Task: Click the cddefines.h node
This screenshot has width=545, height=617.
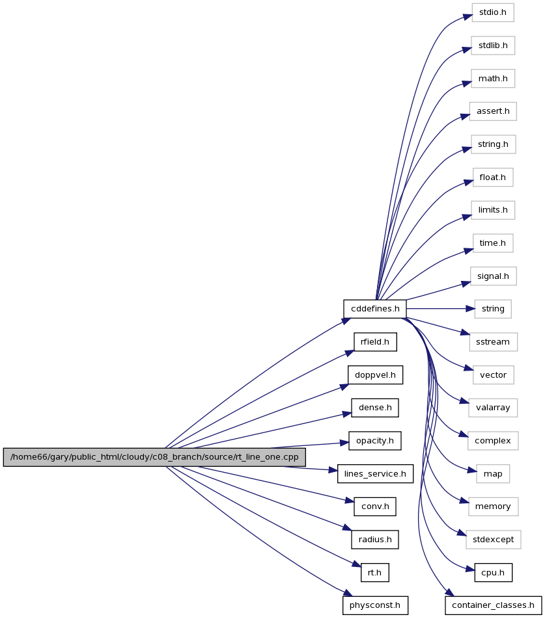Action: [x=375, y=309]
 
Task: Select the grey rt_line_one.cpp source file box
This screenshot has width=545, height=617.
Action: [x=154, y=457]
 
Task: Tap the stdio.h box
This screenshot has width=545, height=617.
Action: [x=493, y=12]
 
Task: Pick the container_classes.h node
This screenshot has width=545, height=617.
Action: [x=494, y=605]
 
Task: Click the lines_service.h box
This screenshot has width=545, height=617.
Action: [x=375, y=474]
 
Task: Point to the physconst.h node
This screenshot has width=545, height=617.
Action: [x=375, y=605]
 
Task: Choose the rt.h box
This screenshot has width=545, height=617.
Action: [x=375, y=573]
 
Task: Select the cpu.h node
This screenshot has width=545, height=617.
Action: [x=494, y=573]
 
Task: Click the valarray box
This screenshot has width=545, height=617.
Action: [x=493, y=408]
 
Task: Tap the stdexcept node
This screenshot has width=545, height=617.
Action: [x=494, y=540]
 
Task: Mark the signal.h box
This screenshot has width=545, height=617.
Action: [x=494, y=276]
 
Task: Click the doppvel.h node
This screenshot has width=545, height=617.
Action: [x=375, y=375]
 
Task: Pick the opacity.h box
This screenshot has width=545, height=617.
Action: [x=375, y=441]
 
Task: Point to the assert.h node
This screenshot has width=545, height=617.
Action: [x=493, y=111]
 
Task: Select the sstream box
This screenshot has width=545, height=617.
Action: [x=494, y=342]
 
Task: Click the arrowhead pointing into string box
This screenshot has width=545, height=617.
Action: [x=471, y=309]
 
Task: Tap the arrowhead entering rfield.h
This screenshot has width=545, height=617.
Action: [x=350, y=353]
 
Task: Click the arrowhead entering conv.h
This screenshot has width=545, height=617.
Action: [x=350, y=501]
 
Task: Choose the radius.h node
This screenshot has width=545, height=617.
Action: [x=375, y=540]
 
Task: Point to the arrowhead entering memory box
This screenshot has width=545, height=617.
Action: [x=464, y=501]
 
